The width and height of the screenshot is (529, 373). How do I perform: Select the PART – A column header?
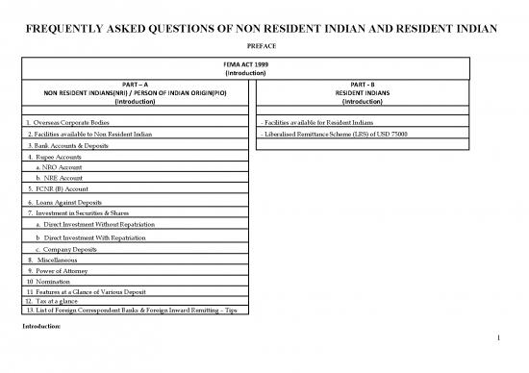click(x=135, y=85)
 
